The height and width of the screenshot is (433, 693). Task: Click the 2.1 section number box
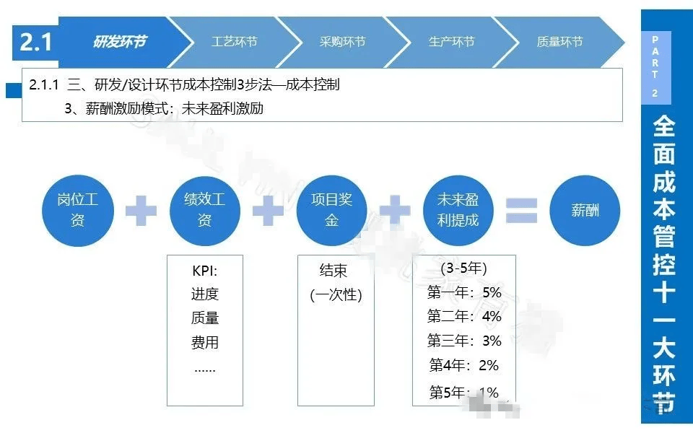pos(35,43)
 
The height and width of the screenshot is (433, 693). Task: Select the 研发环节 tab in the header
pos(118,42)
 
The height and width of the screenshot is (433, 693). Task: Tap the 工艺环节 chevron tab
pos(233,42)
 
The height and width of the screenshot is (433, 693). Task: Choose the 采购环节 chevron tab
pos(342,42)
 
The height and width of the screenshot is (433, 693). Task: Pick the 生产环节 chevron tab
pos(451,42)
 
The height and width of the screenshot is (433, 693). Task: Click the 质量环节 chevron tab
pos(559,42)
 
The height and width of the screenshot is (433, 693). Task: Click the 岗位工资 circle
pos(77,209)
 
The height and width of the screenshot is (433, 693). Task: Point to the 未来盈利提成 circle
pos(458,209)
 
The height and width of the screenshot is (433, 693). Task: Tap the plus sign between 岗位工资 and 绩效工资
pos(141,210)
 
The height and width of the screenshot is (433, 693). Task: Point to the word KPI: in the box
pos(205,272)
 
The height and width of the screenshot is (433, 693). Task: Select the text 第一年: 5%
pos(464,293)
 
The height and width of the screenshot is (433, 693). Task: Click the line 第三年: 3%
pos(464,341)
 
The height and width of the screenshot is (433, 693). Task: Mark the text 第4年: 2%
pos(464,365)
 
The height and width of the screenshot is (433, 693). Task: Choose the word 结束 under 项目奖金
pos(334,271)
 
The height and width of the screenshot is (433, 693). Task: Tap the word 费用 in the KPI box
pos(205,342)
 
